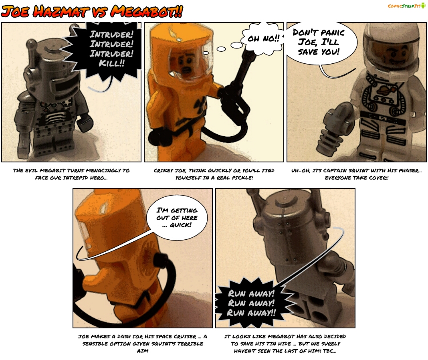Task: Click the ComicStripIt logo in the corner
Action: point(406,6)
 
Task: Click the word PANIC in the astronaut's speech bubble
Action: point(332,33)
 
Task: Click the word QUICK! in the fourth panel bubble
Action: point(180,225)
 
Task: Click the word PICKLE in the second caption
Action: point(242,178)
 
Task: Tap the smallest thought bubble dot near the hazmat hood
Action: point(206,53)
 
